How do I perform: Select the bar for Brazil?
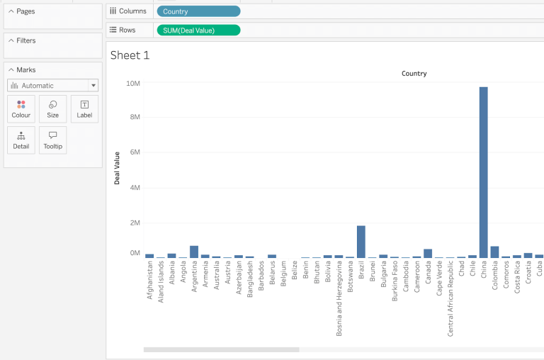point(361,241)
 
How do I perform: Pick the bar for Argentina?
point(193,251)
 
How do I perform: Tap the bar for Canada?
point(427,253)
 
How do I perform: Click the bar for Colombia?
point(494,252)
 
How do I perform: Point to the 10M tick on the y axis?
point(132,84)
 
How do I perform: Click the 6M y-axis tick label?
point(134,152)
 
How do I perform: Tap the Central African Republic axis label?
point(450,298)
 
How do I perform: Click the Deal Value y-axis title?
point(117,168)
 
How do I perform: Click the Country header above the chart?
point(414,74)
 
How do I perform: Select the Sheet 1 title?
point(130,55)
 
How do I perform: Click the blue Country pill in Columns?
point(198,11)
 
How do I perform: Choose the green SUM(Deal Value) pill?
point(198,30)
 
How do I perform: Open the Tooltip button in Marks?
point(52,140)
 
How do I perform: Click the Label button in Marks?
point(84,108)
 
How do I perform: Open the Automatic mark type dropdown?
point(52,86)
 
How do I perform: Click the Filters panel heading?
point(26,40)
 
